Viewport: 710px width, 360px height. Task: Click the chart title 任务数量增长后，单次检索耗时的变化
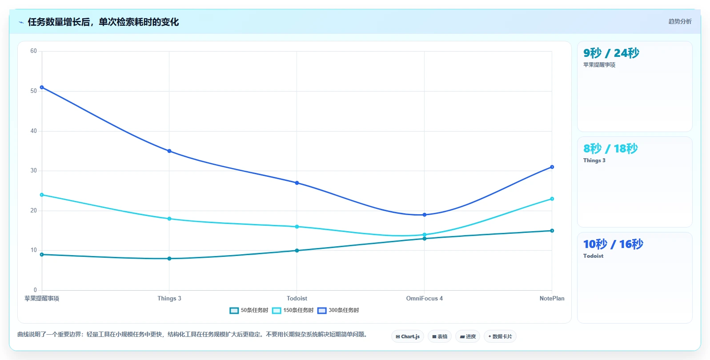[x=103, y=22]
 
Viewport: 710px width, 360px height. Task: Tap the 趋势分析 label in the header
[x=680, y=21]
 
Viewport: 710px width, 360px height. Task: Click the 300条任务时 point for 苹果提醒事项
[x=42, y=88]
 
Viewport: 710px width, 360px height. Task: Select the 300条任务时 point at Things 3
[x=169, y=151]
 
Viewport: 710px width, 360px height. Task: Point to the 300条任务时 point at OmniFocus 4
[x=425, y=215]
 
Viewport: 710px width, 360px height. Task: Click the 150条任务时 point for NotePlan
[x=552, y=199]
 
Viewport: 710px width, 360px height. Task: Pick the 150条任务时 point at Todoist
[x=297, y=227]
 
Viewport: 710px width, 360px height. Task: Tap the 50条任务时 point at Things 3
[x=169, y=259]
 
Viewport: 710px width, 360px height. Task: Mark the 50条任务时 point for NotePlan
[x=552, y=231]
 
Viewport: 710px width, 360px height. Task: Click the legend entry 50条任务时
[x=249, y=310]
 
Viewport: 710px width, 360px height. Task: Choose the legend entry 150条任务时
[x=293, y=310]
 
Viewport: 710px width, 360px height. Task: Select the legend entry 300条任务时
[x=338, y=310]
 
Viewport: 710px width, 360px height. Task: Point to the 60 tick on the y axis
[x=34, y=51]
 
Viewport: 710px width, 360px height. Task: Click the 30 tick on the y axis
[x=34, y=171]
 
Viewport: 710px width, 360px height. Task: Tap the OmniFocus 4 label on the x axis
[x=425, y=299]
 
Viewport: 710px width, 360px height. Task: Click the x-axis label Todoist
[x=297, y=299]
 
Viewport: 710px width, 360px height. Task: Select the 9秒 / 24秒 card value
[x=611, y=53]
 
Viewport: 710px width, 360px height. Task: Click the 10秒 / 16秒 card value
[x=613, y=244]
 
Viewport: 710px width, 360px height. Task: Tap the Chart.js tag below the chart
[x=408, y=336]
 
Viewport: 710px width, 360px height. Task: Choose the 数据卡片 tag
[x=500, y=336]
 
